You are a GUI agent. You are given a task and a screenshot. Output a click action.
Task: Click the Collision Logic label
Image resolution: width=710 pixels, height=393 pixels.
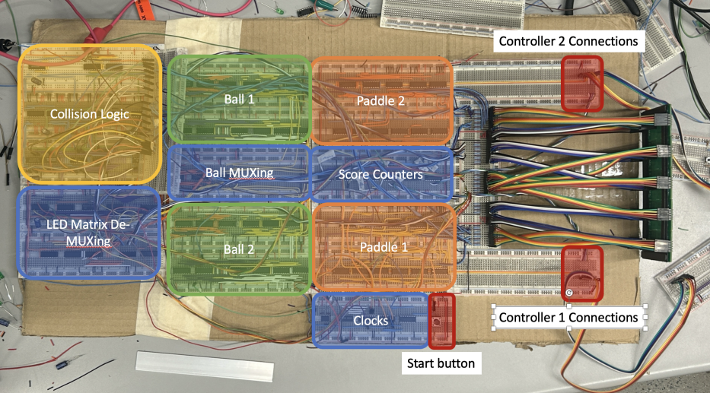[x=90, y=114]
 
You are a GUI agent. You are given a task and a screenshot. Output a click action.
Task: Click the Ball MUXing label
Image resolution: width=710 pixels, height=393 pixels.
[x=239, y=173]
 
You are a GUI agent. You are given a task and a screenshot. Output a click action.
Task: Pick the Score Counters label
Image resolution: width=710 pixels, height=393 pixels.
[x=380, y=175]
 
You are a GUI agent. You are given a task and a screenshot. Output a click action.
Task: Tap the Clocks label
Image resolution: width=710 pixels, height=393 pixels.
[x=371, y=320]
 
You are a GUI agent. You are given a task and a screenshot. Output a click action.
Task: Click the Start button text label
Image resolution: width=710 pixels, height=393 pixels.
[x=441, y=363]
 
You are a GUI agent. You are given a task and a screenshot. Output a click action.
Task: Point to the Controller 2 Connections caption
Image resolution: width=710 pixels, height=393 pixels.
[x=567, y=40]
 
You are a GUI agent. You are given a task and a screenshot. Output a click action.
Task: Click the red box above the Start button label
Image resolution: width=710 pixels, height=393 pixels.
[x=441, y=321]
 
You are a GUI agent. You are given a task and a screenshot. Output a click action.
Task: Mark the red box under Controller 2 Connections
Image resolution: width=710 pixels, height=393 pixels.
[x=582, y=82]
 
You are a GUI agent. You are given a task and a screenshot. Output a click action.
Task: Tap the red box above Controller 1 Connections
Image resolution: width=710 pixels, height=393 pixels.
[x=582, y=274]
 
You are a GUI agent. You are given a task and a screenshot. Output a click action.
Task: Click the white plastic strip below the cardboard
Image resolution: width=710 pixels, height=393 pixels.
[x=204, y=367]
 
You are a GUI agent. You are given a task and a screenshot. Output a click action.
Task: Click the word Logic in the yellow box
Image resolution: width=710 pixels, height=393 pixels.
[x=113, y=114]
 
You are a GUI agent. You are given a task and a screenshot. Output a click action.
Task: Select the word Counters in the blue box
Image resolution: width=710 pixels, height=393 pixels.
[x=399, y=175]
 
